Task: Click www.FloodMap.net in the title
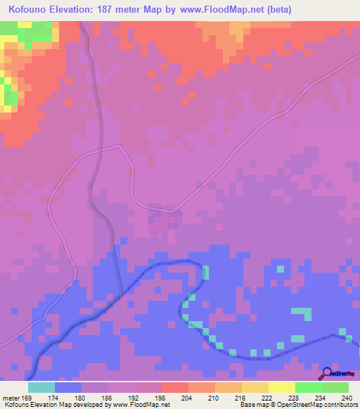(x=224, y=10)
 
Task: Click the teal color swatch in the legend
(x=41, y=387)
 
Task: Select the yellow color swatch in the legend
(x=281, y=387)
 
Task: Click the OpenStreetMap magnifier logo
(x=328, y=373)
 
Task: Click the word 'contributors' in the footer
(x=340, y=404)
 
